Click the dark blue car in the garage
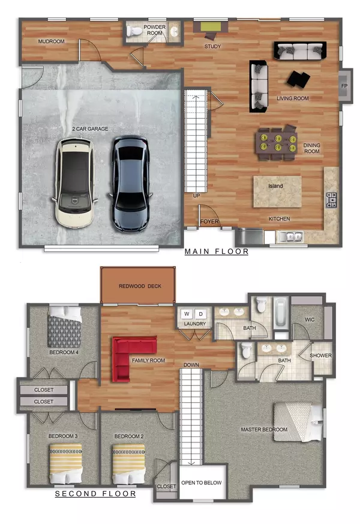(130, 183)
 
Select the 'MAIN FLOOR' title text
(216, 251)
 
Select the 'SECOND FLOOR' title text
(95, 494)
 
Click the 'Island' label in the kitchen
(275, 186)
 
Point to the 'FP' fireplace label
(344, 86)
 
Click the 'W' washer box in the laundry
(186, 314)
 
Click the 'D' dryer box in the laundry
(201, 314)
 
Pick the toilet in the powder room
(135, 31)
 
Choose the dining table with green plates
(276, 142)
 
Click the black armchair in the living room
(298, 79)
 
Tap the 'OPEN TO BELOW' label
(202, 482)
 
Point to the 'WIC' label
(310, 319)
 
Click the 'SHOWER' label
(320, 355)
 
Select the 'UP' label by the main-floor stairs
(196, 196)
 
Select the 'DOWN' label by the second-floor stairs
(191, 365)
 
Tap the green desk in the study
(210, 27)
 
